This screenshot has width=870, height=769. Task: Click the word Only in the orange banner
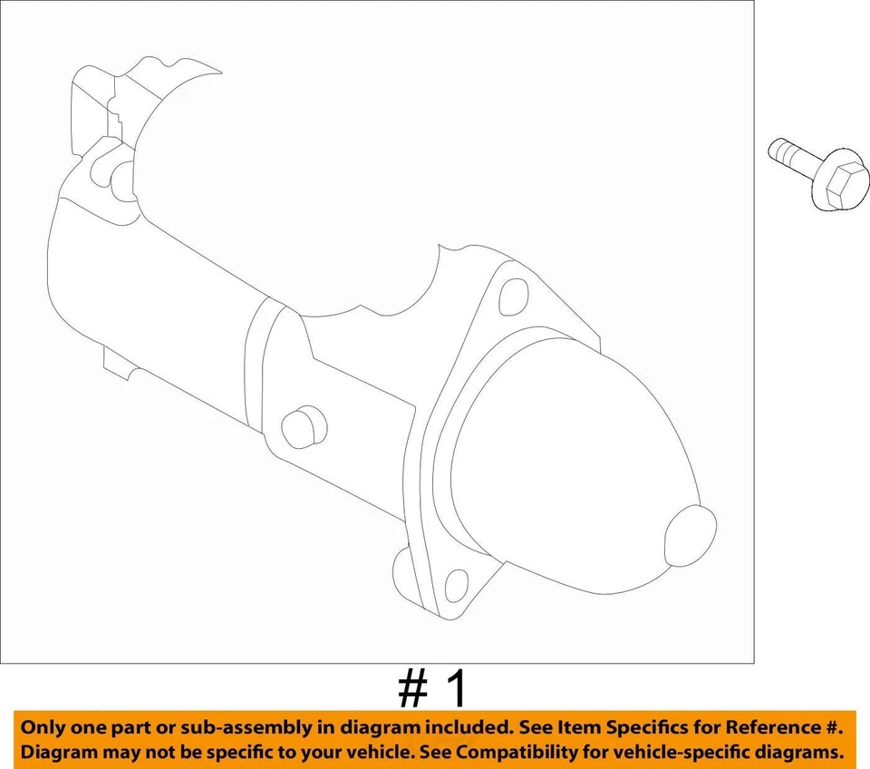(x=44, y=728)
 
